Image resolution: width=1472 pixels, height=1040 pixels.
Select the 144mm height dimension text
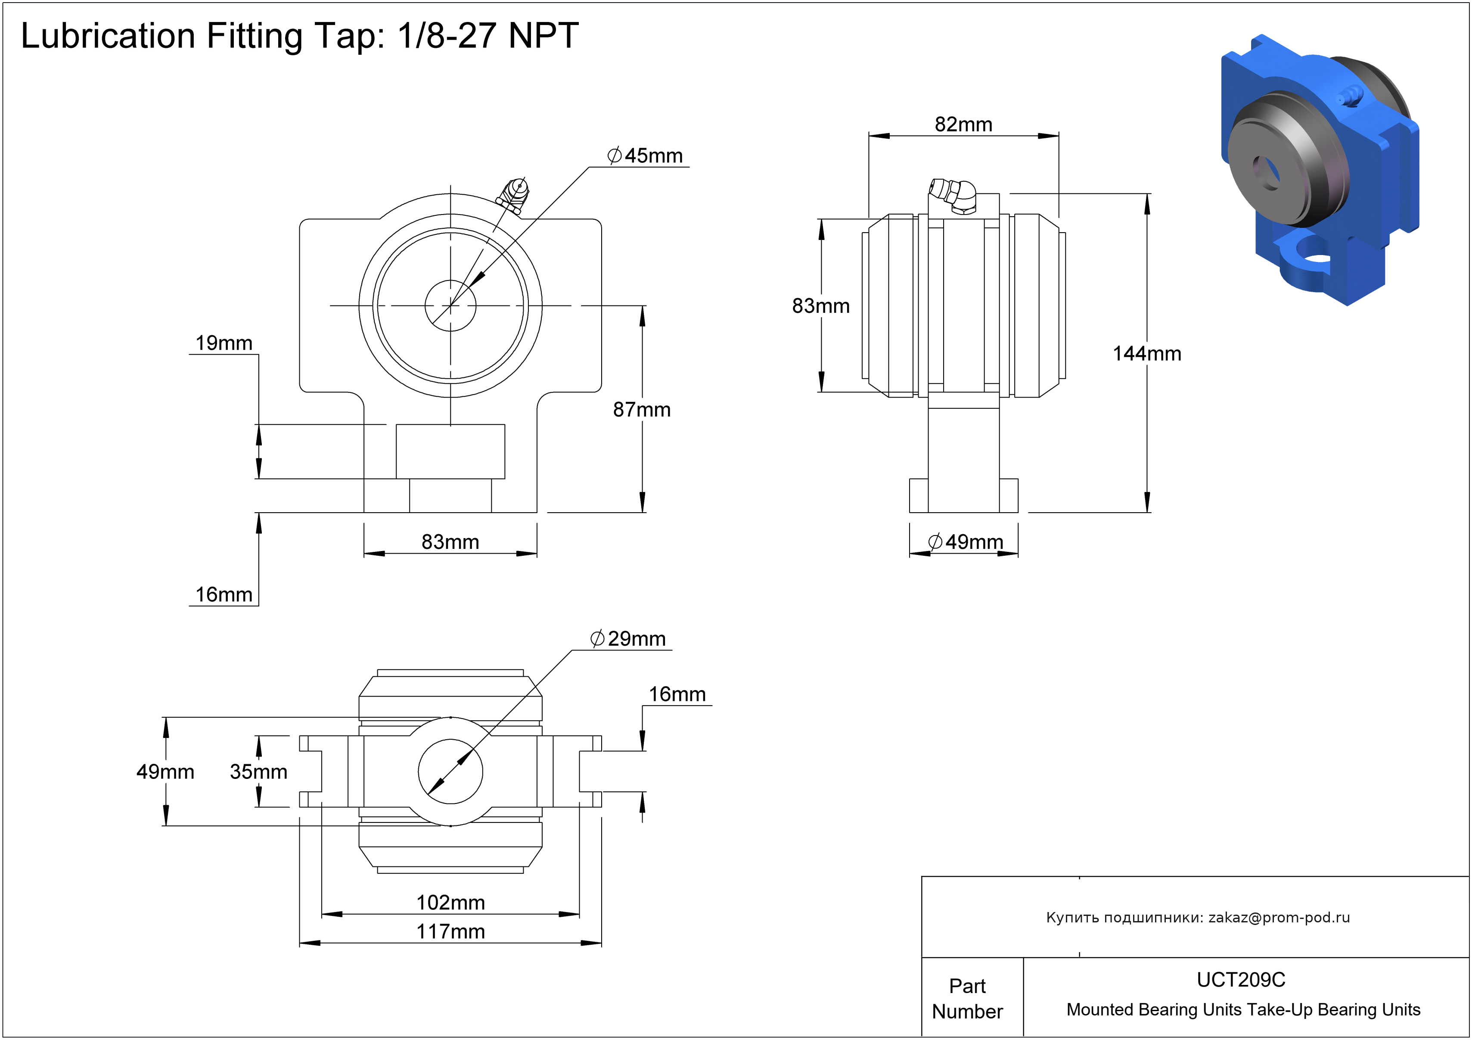1146,353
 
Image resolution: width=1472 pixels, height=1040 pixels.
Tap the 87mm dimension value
642,409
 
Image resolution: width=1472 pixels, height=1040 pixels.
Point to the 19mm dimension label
224,343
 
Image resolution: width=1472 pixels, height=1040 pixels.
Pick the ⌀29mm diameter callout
627,638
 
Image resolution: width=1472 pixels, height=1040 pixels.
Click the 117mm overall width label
451,931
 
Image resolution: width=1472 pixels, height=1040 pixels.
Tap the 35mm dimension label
258,771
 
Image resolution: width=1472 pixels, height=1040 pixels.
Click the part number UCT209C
1241,980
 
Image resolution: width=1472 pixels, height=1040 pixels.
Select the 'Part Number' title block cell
967,998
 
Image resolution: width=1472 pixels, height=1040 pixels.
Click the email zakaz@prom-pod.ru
1279,918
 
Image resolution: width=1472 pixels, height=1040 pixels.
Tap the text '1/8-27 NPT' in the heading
488,35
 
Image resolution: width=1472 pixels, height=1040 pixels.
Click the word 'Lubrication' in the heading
108,35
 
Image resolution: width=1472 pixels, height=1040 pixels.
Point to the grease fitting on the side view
953,196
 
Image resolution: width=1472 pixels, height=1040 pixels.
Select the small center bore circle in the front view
451,280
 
